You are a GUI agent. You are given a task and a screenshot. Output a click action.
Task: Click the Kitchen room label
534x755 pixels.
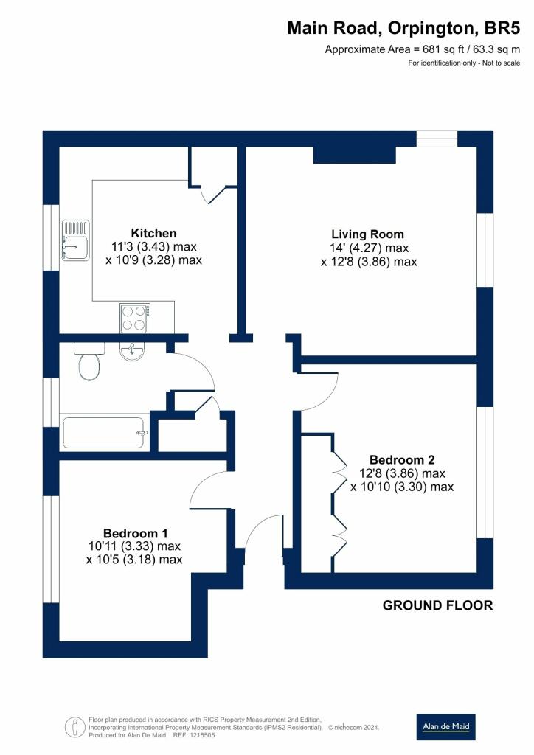153,234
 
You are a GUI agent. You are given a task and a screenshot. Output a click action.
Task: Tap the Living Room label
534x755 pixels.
367,234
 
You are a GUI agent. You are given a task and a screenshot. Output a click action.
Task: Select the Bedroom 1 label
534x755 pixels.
135,534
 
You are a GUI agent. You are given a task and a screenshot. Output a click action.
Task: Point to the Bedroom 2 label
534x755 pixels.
402,460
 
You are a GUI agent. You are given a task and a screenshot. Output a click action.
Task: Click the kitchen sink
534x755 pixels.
75,240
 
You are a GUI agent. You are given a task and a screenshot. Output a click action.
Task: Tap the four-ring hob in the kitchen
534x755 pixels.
134,319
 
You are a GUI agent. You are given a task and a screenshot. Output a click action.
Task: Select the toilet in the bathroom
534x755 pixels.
89,361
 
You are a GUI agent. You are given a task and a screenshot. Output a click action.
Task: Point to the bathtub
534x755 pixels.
105,433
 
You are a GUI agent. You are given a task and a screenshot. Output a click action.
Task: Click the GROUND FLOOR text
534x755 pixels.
437,606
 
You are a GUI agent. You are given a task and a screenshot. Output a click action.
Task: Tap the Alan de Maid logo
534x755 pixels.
446,726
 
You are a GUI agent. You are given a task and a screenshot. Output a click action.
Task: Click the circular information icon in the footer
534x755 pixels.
74,726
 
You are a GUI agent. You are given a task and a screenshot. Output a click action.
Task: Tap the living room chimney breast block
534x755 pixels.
354,155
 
